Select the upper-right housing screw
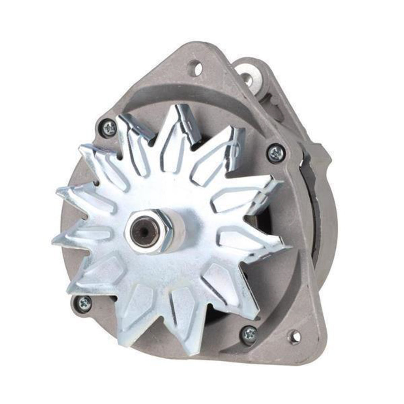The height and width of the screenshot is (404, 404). (277, 153)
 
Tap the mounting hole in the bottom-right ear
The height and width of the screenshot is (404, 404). (295, 336)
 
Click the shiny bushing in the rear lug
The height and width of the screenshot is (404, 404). (247, 79)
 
